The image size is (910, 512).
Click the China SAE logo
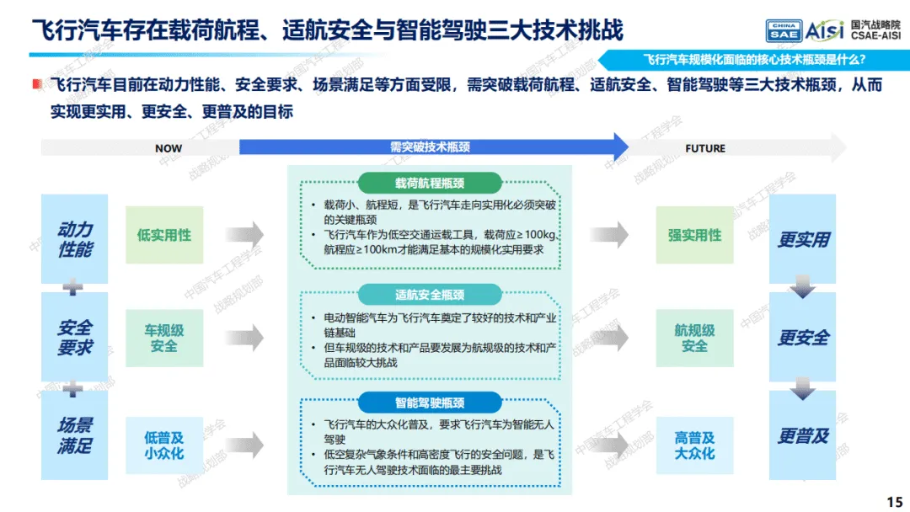pos(783,31)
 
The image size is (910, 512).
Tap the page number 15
pos(894,499)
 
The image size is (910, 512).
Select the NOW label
pos(169,148)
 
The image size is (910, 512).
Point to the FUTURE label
pos(705,148)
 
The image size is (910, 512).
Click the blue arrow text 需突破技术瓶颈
pos(430,147)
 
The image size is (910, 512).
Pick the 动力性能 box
pos(75,239)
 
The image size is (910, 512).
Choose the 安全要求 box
pos(75,337)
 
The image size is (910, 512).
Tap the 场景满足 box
pos(75,435)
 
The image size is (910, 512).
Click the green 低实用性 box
pos(164,235)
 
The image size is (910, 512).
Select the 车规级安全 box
pos(164,338)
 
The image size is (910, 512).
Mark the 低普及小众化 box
pos(164,445)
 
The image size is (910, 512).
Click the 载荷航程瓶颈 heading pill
pos(430,183)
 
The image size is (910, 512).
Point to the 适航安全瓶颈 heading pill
pos(430,295)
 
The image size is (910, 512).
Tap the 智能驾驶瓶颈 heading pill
pos(430,403)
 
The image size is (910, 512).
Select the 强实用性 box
pos(695,235)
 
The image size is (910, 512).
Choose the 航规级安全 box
pos(695,338)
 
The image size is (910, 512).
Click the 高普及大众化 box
pos(695,445)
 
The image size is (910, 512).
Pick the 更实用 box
pos(803,239)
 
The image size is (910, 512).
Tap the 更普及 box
pos(803,435)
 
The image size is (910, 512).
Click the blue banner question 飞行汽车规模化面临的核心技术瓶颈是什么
pos(754,60)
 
